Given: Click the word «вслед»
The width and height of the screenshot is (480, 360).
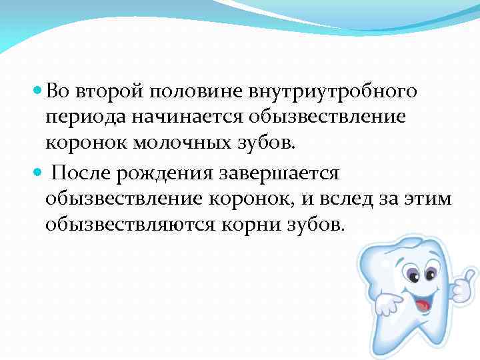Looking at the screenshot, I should click(x=364, y=199).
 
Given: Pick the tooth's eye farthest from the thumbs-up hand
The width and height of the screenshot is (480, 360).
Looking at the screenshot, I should click(x=411, y=275).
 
